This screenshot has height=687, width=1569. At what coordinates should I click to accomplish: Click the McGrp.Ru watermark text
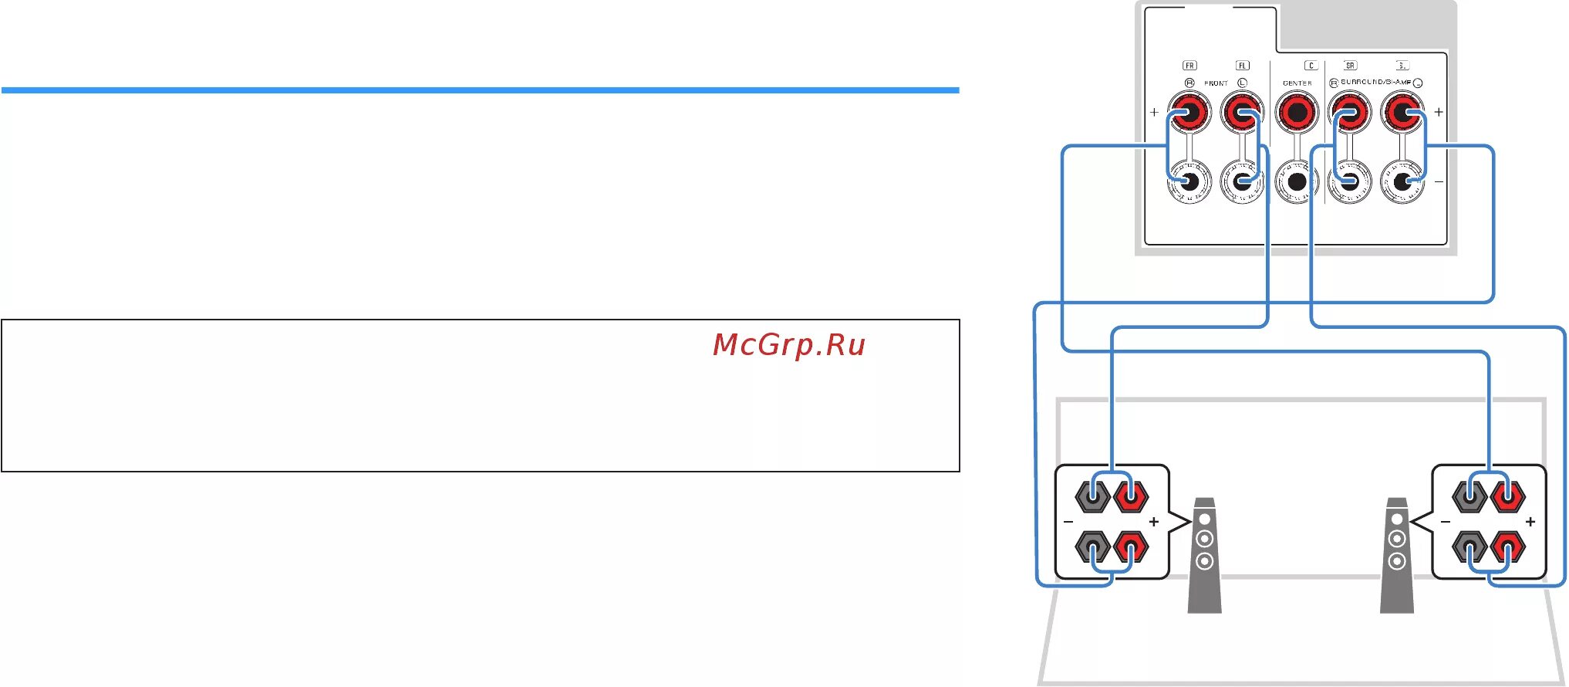[788, 344]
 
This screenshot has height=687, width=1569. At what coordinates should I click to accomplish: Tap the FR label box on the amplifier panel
[1189, 66]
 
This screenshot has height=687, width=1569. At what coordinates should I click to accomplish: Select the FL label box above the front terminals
[1242, 66]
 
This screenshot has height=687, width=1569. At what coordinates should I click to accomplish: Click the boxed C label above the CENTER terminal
[1311, 66]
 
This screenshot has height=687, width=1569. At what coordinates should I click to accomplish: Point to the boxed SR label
[1350, 66]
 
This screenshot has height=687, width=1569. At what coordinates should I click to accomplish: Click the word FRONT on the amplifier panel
[1216, 83]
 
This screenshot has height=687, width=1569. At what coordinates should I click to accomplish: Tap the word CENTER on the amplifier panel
[1297, 83]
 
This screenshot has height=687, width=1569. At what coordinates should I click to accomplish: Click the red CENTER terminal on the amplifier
[1297, 113]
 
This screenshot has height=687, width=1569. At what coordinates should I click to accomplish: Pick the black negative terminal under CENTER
[1297, 182]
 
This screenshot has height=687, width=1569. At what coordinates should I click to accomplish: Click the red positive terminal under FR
[1189, 113]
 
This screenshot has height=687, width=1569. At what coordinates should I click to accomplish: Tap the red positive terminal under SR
[1350, 113]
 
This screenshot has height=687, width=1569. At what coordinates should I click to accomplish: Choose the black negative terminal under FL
[1242, 182]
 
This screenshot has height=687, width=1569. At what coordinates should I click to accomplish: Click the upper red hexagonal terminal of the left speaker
[1131, 496]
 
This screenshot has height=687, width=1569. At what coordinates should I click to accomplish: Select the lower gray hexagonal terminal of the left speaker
[1093, 547]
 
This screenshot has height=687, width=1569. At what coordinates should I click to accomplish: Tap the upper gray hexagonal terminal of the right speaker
[1469, 496]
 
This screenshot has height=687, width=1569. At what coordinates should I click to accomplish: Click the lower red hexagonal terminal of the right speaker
[1507, 547]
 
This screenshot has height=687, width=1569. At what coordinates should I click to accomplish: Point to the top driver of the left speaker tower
[1204, 519]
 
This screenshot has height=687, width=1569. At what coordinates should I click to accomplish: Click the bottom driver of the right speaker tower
[1397, 561]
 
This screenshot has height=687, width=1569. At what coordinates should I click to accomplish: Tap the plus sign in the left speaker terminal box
[1154, 522]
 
